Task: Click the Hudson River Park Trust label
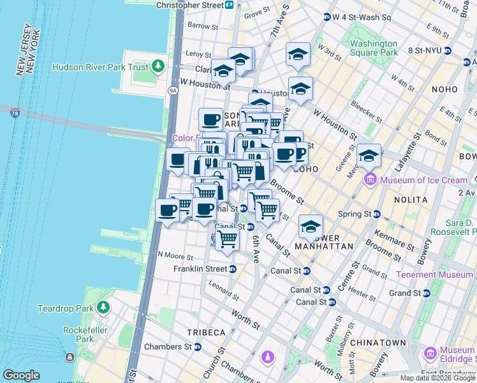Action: pyautogui.click(x=100, y=67)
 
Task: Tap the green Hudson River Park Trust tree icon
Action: pyautogui.click(x=157, y=66)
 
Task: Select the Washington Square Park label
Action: pyautogui.click(x=374, y=49)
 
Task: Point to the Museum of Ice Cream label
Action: pyautogui.click(x=424, y=180)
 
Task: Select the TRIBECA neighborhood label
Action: pyautogui.click(x=206, y=333)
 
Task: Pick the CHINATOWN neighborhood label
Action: pyautogui.click(x=379, y=343)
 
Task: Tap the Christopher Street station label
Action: pyautogui.click(x=190, y=4)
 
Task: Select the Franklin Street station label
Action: pyautogui.click(x=200, y=269)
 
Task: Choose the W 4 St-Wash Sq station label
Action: pyautogui.click(x=361, y=17)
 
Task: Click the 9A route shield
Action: pyautogui.click(x=172, y=91)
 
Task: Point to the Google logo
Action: pyautogui.click(x=21, y=375)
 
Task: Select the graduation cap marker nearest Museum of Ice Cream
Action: pyautogui.click(x=369, y=155)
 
